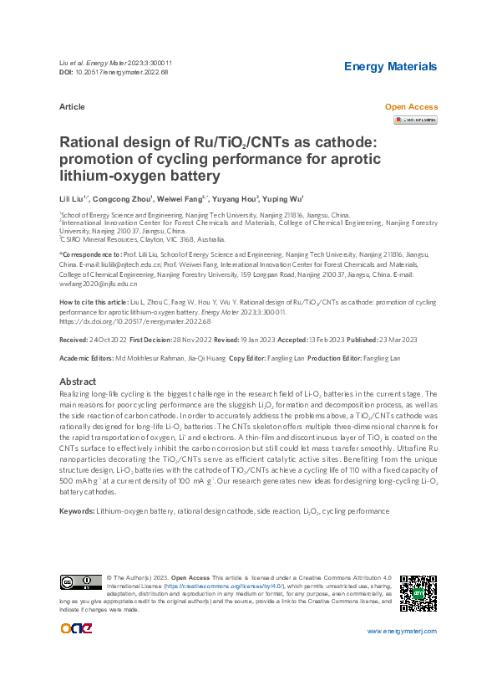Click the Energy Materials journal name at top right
390,66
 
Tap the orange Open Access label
411,108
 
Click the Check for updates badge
415,120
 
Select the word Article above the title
72,108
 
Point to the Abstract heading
79,381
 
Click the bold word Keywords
76,510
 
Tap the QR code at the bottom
418,593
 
